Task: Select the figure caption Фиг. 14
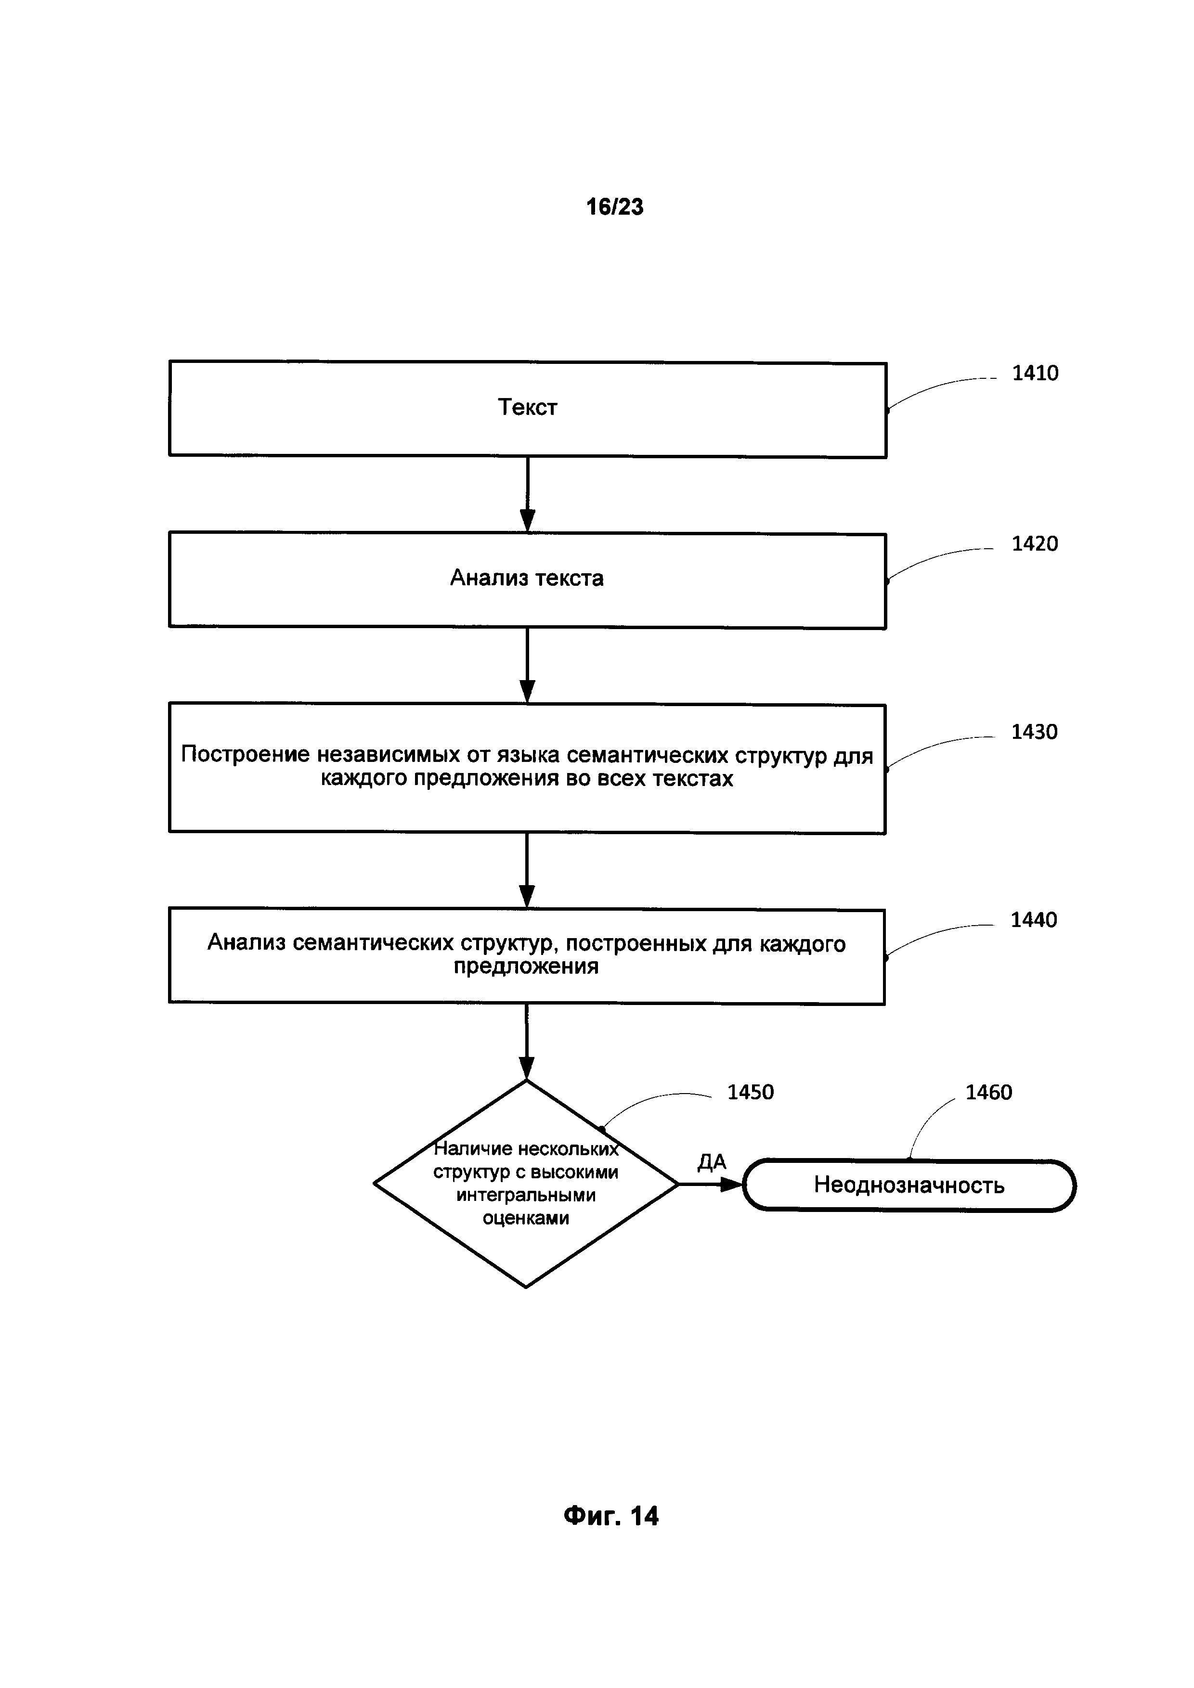(x=611, y=1515)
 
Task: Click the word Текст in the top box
(x=527, y=407)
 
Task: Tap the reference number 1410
(x=1035, y=374)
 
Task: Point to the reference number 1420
(x=1035, y=544)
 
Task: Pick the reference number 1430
(x=1034, y=732)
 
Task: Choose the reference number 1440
(x=1034, y=920)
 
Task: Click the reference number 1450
(x=750, y=1093)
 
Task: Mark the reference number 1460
(x=988, y=1093)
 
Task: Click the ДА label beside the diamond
(x=712, y=1161)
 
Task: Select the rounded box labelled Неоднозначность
(x=908, y=1185)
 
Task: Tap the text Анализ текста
(x=526, y=579)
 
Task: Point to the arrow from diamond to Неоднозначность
(x=710, y=1185)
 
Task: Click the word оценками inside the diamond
(x=526, y=1218)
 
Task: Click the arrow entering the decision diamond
(x=526, y=1041)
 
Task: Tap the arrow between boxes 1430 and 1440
(x=526, y=870)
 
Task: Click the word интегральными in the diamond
(x=526, y=1196)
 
